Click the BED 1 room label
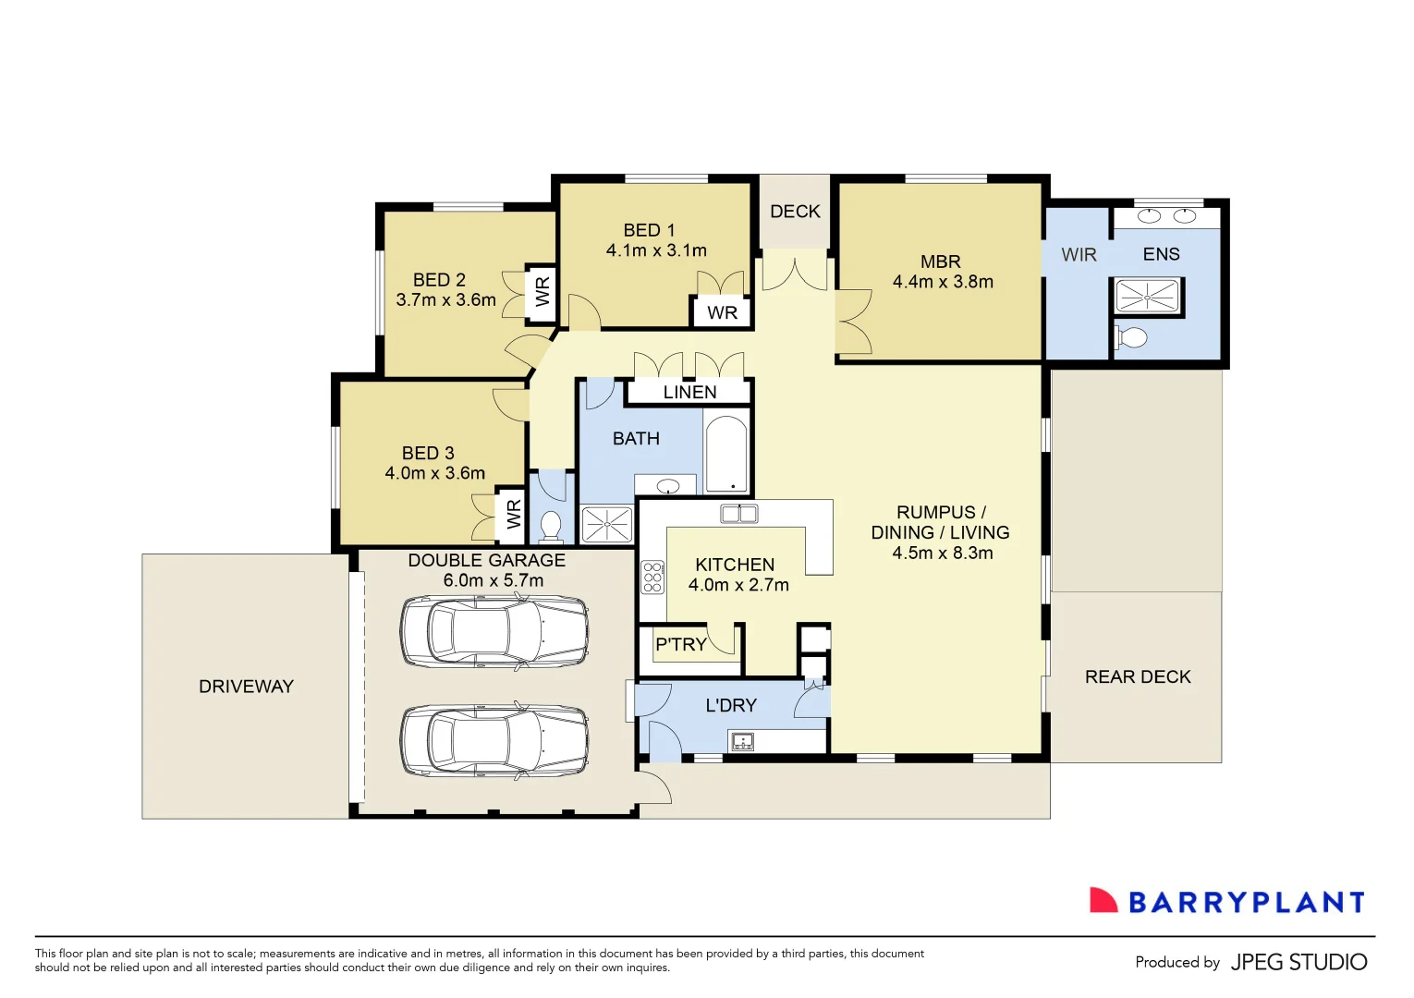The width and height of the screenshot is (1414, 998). pos(649,230)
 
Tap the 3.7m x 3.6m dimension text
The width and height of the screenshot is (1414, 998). pos(445,300)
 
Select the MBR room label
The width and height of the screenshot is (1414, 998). pos(941,262)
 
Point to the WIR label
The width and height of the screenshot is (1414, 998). pos(1079,255)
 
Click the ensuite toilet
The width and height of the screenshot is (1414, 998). pos(1131,337)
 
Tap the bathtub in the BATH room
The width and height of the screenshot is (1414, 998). pos(726,455)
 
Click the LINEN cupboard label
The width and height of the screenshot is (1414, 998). pos(689,392)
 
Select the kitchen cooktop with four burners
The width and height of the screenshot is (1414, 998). pos(652,577)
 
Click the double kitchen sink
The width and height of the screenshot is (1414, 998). pos(739,514)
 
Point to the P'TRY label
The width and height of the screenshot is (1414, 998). pos(680,644)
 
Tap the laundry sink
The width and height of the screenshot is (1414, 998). pos(741,741)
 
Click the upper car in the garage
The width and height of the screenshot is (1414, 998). pos(494,631)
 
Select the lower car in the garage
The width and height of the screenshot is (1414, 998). pos(494,741)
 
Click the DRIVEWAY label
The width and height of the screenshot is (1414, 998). pos(246,687)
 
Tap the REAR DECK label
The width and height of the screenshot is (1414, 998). pos(1138,676)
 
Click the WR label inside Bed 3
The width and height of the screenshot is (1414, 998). pos(514,514)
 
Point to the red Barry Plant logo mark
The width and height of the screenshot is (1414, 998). pos(1103,901)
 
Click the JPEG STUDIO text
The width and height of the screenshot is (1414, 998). pos(1298,962)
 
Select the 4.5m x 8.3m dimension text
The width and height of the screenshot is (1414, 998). pos(942,553)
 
